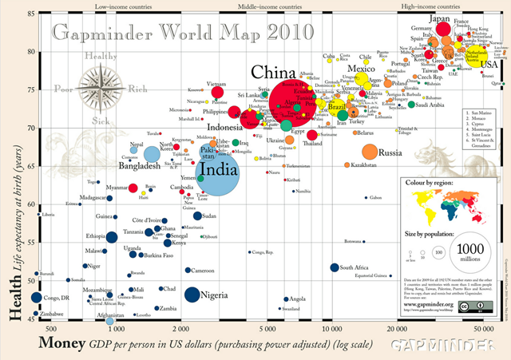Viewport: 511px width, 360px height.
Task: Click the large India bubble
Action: (218, 168)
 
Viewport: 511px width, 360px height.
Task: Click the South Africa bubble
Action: (335, 267)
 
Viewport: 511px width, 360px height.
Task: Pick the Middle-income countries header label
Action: (268, 6)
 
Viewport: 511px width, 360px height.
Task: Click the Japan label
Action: (440, 18)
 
